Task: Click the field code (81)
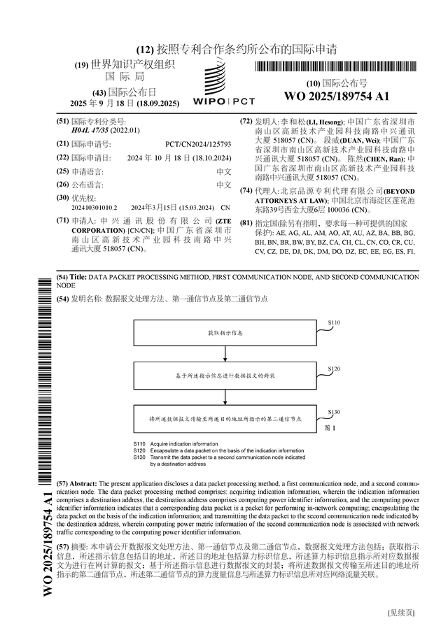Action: click(246, 223)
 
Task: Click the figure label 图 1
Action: click(330, 427)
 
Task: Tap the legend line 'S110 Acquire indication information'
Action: click(176, 444)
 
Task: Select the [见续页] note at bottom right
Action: click(401, 613)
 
